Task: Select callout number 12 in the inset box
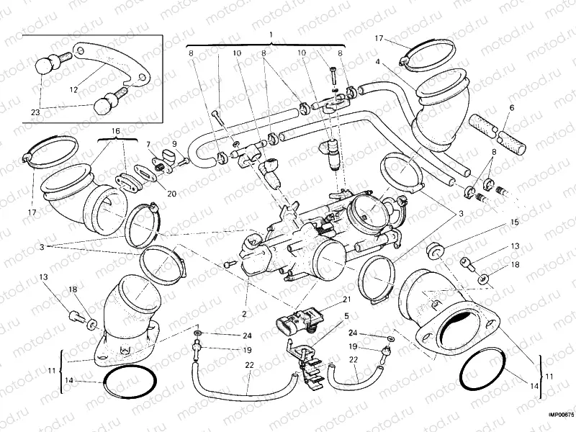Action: (x=73, y=90)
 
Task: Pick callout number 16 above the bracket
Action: (x=114, y=131)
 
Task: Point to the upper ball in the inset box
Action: (x=46, y=64)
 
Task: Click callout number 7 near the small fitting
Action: (x=148, y=144)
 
